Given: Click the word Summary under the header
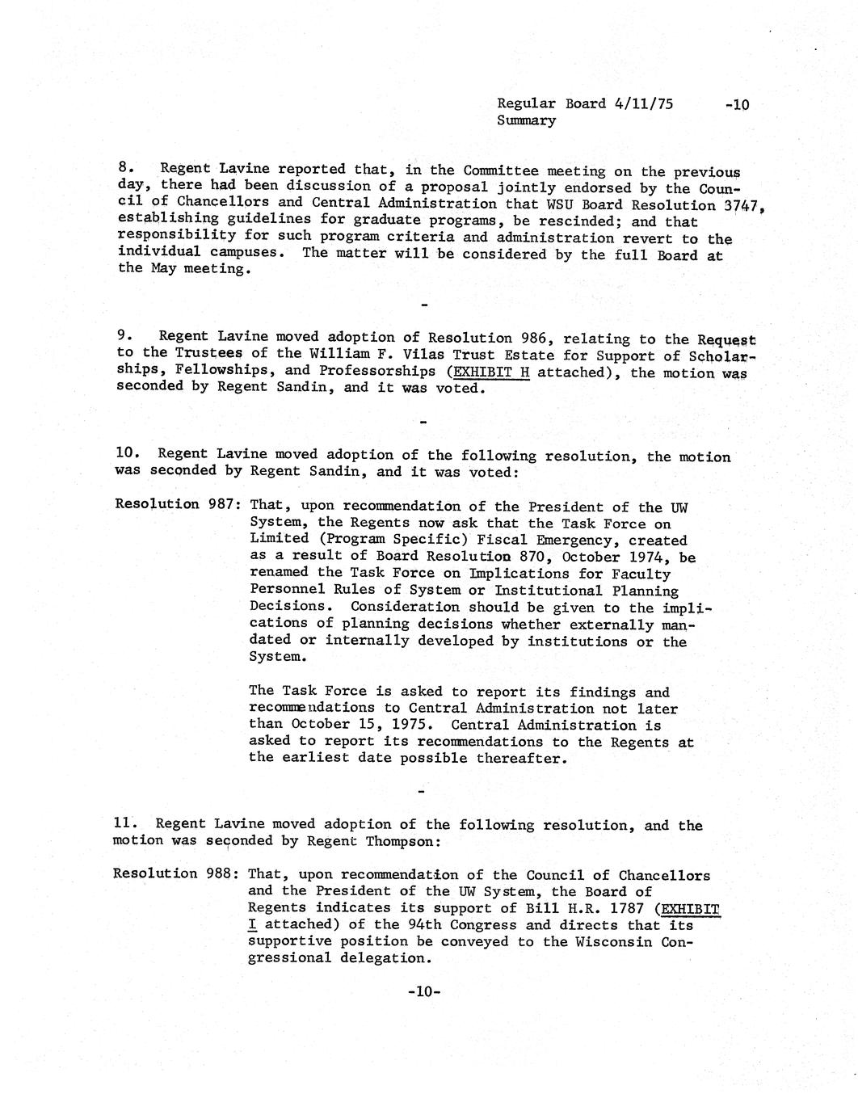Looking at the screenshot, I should tap(526, 120).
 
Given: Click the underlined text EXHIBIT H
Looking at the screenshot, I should tap(491, 372).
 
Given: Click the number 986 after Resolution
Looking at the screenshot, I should tap(533, 338).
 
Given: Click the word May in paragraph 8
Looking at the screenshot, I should tap(164, 269).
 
